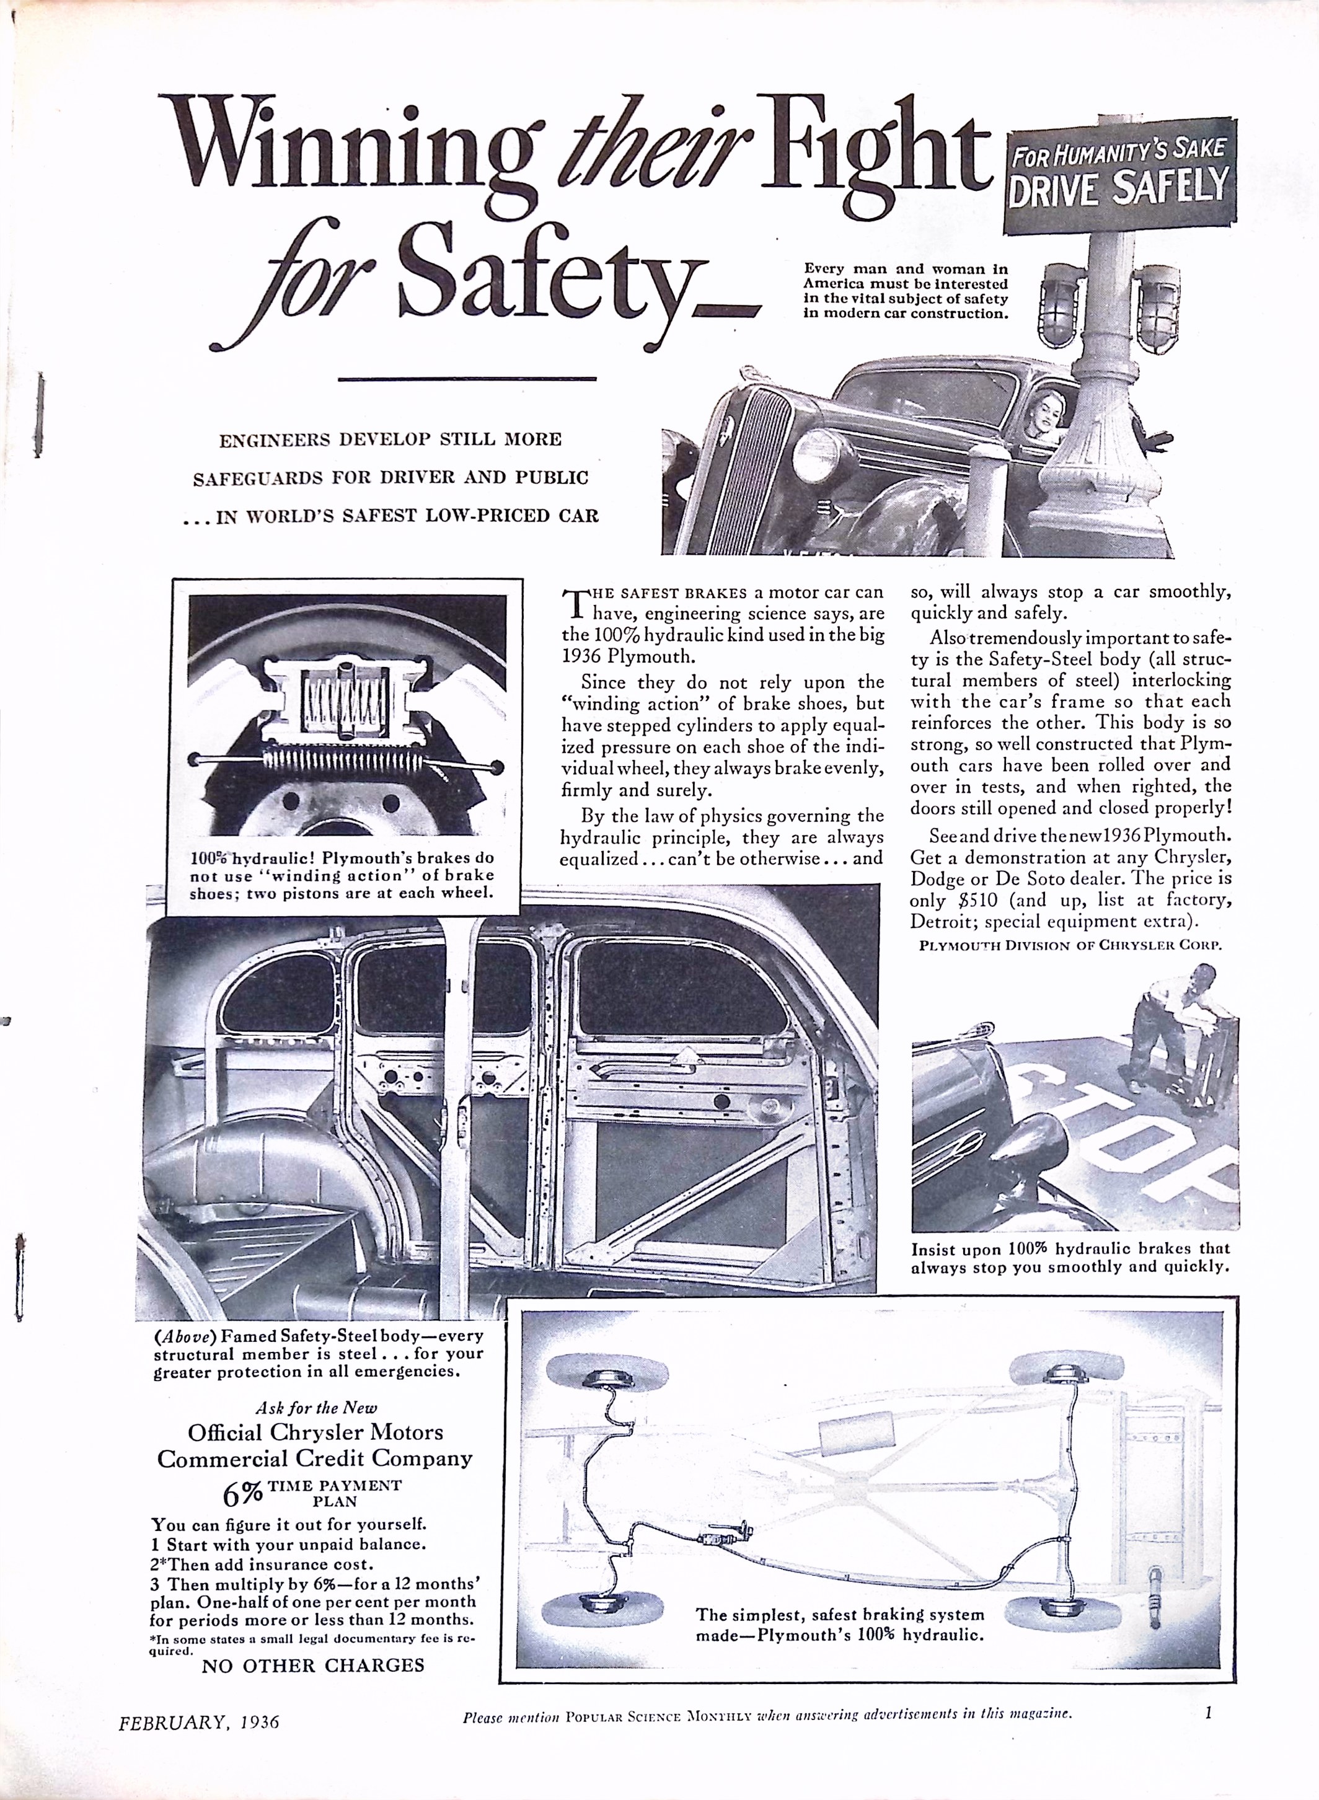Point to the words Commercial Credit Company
(x=315, y=1459)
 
